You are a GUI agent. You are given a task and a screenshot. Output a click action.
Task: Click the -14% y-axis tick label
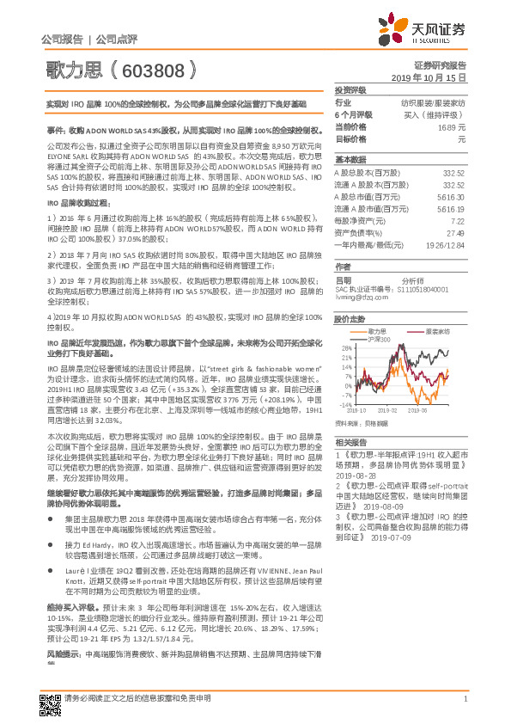pyautogui.click(x=344, y=403)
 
